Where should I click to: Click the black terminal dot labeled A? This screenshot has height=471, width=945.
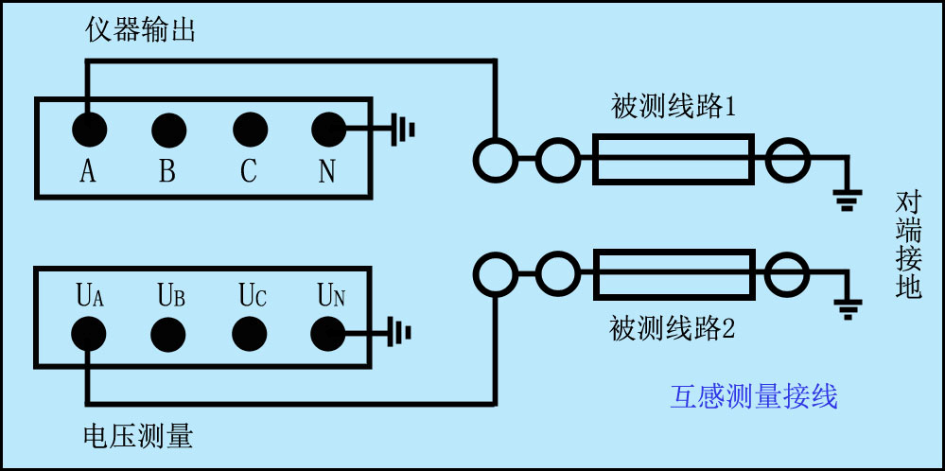tap(89, 128)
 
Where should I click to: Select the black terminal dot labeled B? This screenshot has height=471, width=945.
tap(168, 128)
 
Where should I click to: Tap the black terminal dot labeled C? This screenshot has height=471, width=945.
tap(249, 128)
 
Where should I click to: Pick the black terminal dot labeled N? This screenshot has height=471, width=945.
tap(328, 128)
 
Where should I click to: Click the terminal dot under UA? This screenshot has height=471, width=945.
tap(89, 333)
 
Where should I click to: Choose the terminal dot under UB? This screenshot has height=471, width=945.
tap(168, 333)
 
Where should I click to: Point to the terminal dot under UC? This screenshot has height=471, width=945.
tap(249, 333)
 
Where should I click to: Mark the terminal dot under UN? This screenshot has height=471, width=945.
tap(328, 333)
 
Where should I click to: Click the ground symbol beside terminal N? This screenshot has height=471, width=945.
tap(403, 128)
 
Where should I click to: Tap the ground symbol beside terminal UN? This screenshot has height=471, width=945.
tap(403, 332)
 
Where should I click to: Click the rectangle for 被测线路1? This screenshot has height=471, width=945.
tap(674, 159)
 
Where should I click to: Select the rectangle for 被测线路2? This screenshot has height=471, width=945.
tap(674, 274)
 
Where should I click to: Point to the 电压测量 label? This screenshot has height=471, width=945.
tap(139, 436)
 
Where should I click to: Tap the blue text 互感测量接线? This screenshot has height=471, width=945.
tap(754, 397)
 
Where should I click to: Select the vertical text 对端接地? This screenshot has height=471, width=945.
tap(908, 245)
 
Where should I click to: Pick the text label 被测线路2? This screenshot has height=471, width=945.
tap(673, 330)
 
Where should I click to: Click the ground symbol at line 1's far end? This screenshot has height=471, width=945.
tap(846, 199)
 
